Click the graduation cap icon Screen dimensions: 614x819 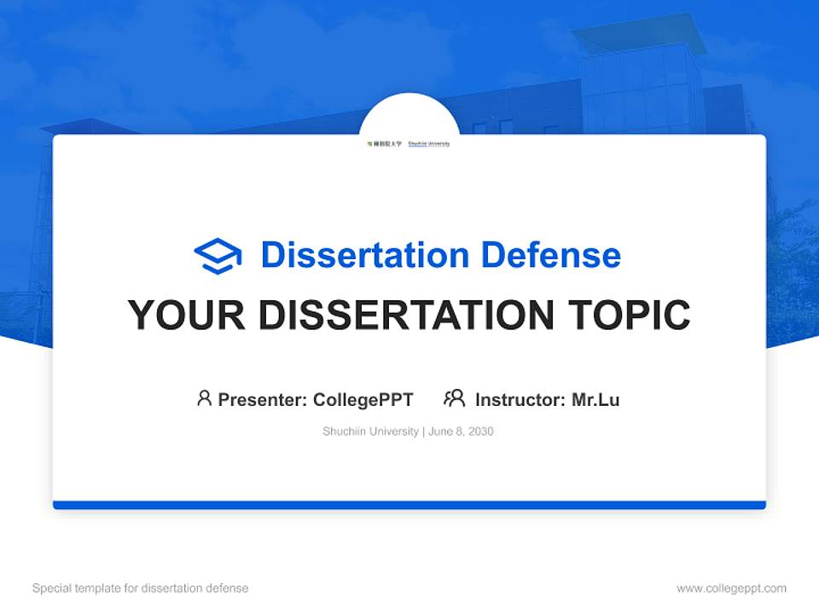tap(218, 255)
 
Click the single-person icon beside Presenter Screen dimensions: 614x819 tap(204, 398)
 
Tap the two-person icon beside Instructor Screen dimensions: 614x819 tap(455, 398)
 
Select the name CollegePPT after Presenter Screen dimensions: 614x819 tap(363, 399)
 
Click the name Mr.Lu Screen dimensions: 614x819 tap(595, 399)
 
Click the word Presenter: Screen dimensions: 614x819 tap(263, 399)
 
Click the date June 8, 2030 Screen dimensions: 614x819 tap(461, 432)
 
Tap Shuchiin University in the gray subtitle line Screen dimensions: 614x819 tap(370, 432)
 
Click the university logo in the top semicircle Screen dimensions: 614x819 tap(409, 143)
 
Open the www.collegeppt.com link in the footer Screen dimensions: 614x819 tap(731, 588)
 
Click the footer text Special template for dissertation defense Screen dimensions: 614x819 tap(140, 588)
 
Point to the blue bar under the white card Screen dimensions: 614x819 tap(409, 505)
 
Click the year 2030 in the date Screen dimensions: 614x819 tap(480, 432)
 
